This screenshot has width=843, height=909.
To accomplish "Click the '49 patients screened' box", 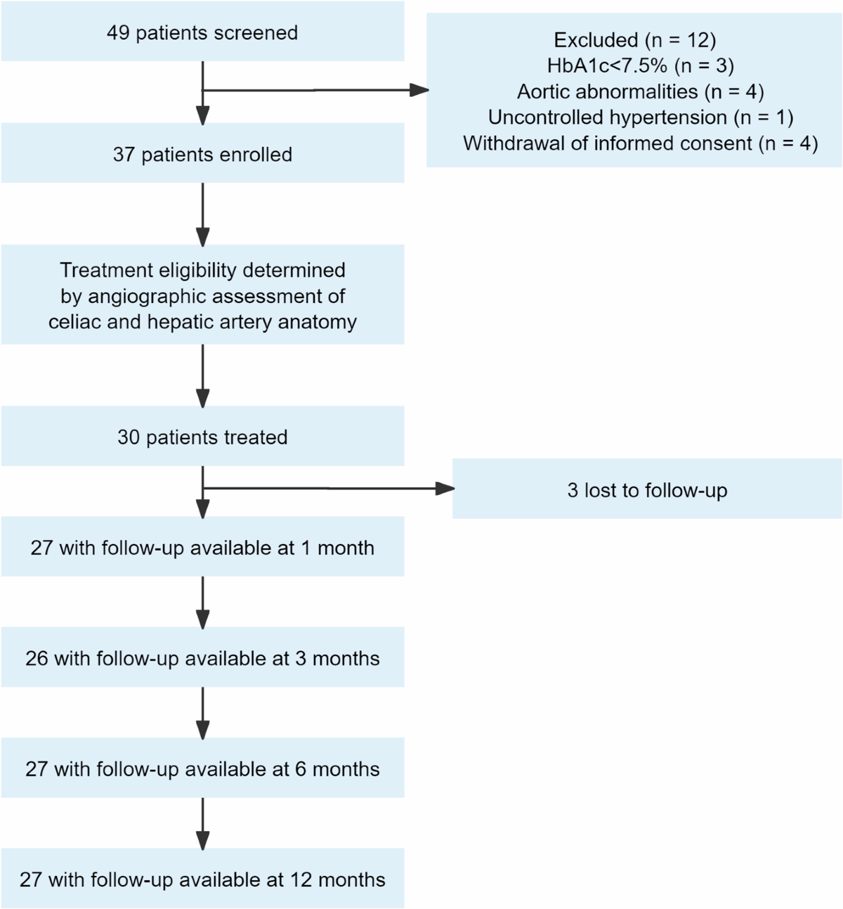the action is pos(202,31).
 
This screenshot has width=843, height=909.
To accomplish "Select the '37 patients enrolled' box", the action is pos(202,153).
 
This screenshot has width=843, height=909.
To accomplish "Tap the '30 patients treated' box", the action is pos(202,436).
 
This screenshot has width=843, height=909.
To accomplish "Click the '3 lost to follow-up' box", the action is pos(647,489).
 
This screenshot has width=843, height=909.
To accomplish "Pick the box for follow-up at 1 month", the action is pos(202,546).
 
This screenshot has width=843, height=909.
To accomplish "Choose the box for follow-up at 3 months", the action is pos(202,657).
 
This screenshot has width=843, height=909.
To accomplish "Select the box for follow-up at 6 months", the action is pos(202,768).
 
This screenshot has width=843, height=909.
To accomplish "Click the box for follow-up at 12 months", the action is pos(202,878).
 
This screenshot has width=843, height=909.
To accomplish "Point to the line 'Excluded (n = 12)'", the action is pos(635,40).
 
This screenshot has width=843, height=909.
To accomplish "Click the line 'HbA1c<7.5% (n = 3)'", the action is pos(641,66).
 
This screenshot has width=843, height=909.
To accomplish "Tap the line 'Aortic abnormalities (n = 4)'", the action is pos(641,91).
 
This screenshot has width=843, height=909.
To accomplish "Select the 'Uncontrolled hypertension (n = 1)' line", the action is pos(641,117).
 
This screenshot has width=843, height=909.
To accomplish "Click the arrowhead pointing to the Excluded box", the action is pos(419,90).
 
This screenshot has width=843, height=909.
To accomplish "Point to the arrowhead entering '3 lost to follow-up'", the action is pos(445,489).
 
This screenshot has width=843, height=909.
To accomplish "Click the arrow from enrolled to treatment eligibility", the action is pos(202,214).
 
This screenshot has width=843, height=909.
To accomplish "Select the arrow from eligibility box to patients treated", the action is pos(202,376).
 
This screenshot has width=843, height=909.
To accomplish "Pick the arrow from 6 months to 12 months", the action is pos(202,823).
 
